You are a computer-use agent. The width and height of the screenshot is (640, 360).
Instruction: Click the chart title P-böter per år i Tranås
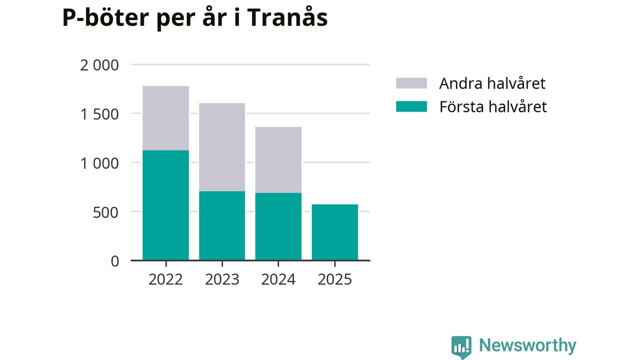[195, 18]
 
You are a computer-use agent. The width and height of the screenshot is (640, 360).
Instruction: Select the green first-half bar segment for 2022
[165, 205]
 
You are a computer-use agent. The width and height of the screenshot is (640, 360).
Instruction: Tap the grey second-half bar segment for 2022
[165, 118]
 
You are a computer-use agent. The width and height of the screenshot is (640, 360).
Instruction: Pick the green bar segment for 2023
[222, 225]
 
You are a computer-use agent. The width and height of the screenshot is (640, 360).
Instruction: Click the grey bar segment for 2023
[222, 147]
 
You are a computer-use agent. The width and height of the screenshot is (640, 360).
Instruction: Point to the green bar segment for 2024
[278, 226]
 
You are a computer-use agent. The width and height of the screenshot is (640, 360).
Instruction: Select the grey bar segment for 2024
[278, 160]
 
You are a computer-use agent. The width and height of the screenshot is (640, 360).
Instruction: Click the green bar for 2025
[334, 232]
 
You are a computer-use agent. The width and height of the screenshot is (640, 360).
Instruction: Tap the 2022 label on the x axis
[165, 279]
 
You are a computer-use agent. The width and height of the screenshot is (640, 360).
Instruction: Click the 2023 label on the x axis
[222, 279]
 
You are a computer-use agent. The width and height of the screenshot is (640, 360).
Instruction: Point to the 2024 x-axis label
[278, 279]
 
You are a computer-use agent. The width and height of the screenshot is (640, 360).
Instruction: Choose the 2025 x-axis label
[334, 279]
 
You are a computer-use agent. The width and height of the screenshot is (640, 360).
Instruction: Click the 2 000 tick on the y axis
[99, 65]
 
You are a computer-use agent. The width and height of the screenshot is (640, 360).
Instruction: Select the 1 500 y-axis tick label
[99, 114]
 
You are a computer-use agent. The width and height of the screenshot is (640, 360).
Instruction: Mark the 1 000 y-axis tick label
[99, 163]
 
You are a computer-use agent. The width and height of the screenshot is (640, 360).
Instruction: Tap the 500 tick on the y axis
[106, 212]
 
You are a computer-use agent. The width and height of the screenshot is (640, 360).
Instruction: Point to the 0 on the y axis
[115, 261]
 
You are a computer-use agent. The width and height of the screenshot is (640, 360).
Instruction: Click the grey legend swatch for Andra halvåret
[411, 83]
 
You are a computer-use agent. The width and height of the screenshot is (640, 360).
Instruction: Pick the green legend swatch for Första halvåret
[411, 106]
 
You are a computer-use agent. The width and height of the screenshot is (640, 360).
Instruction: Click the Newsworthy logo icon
[461, 346]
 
